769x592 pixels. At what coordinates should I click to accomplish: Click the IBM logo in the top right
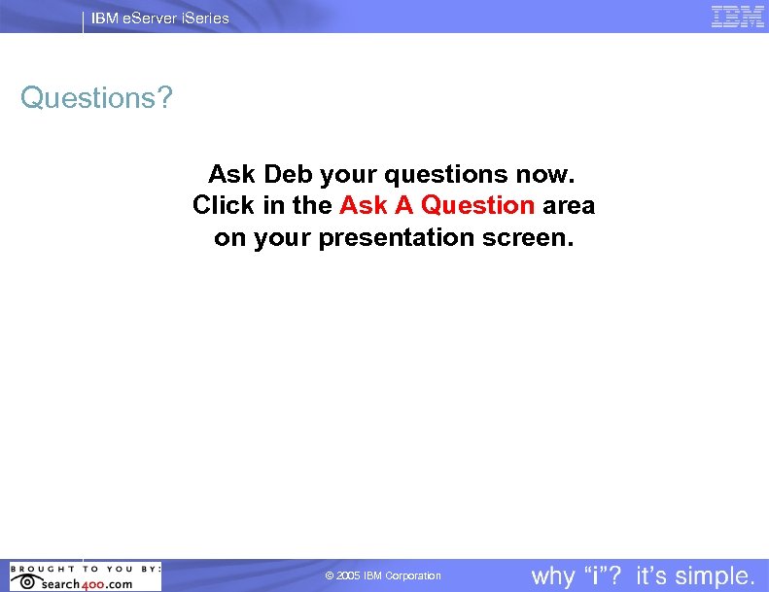click(738, 17)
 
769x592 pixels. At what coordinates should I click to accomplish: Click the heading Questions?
click(95, 98)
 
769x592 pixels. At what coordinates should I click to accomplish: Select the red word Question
click(477, 206)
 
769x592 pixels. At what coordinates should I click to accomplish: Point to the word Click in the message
click(224, 206)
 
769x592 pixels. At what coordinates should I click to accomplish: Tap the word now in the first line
click(549, 175)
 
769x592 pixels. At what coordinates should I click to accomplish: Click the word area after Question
click(569, 206)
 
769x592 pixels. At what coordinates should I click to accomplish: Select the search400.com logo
click(86, 583)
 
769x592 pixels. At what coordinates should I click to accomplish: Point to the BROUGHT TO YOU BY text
click(85, 568)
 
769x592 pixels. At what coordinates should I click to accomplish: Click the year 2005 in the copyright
click(348, 576)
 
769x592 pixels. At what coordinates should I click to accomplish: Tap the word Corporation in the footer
click(413, 576)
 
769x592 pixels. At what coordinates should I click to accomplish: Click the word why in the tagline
click(553, 575)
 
